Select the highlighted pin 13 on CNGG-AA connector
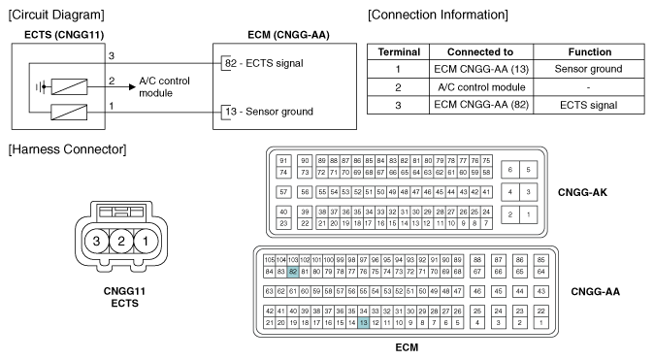click(x=363, y=324)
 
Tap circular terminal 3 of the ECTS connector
click(x=95, y=240)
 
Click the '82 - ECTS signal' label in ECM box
click(x=269, y=63)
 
